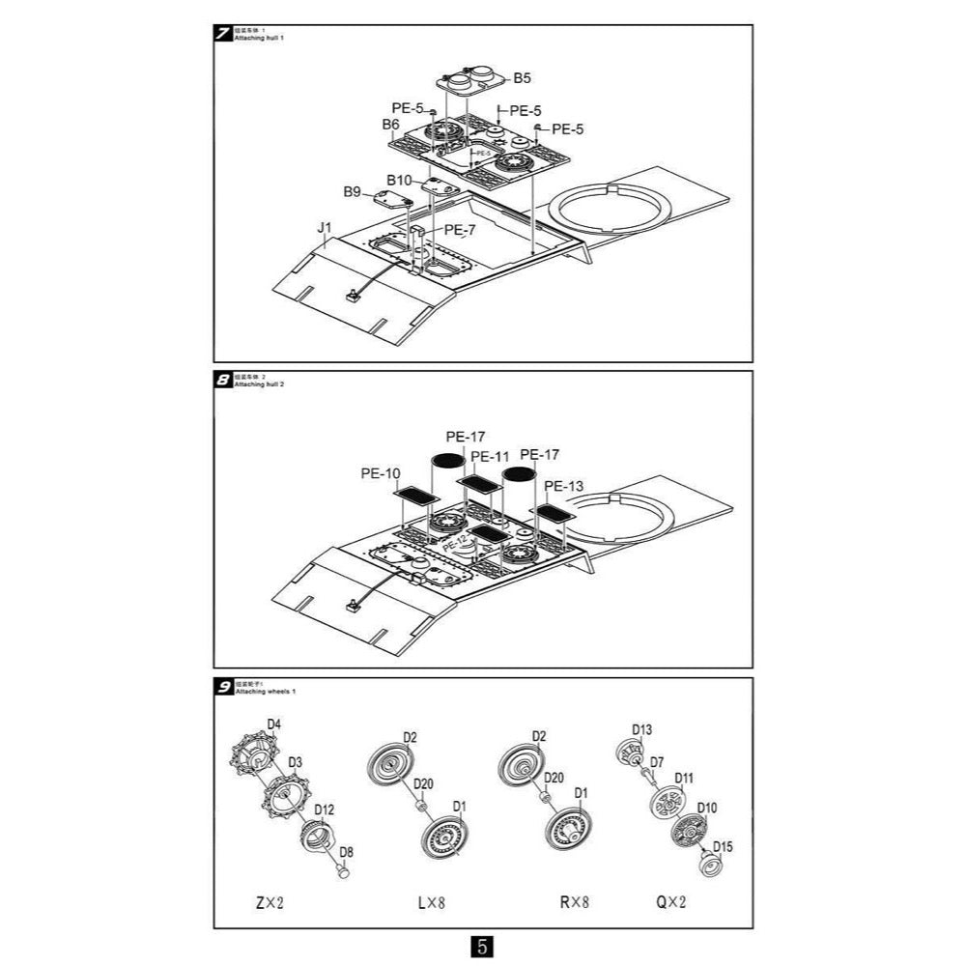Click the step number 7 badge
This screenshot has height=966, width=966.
tap(223, 35)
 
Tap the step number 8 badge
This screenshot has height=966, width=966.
tap(223, 380)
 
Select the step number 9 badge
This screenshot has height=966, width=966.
tap(223, 687)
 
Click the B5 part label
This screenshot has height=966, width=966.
tap(522, 77)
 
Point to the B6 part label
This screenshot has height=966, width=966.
tap(390, 125)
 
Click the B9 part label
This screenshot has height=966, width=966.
tap(352, 192)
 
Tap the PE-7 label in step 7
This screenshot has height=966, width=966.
tap(460, 230)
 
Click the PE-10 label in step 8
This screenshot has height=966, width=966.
tap(381, 473)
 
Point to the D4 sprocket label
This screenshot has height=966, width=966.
tap(274, 724)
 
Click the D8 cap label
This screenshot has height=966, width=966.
tap(348, 852)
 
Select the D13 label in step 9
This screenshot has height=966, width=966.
tap(642, 729)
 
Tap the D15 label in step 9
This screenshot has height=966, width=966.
tap(723, 847)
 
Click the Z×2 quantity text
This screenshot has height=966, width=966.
tap(270, 904)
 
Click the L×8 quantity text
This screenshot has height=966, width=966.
tap(431, 904)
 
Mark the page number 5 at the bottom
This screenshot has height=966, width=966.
tap(482, 947)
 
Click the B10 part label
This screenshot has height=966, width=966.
tap(400, 180)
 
